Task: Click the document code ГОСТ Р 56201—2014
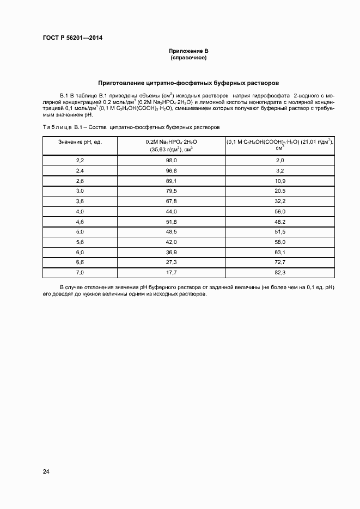point(72,38)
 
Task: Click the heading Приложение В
point(188,51)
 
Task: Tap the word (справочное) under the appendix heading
point(188,57)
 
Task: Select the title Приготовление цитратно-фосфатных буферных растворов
point(188,83)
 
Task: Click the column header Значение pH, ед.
point(80,142)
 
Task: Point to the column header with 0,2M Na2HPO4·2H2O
point(171,145)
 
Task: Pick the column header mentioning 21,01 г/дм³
point(280,145)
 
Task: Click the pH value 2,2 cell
point(80,161)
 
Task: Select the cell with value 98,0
point(171,161)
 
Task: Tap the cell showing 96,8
point(171,170)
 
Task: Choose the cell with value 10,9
point(280,181)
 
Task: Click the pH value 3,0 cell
point(80,191)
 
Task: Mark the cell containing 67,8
point(171,201)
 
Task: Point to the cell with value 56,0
point(280,211)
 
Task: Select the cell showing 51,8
point(171,221)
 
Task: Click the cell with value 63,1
point(280,252)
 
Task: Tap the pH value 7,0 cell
point(80,272)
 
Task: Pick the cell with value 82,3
point(280,272)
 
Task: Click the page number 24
point(46,471)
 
